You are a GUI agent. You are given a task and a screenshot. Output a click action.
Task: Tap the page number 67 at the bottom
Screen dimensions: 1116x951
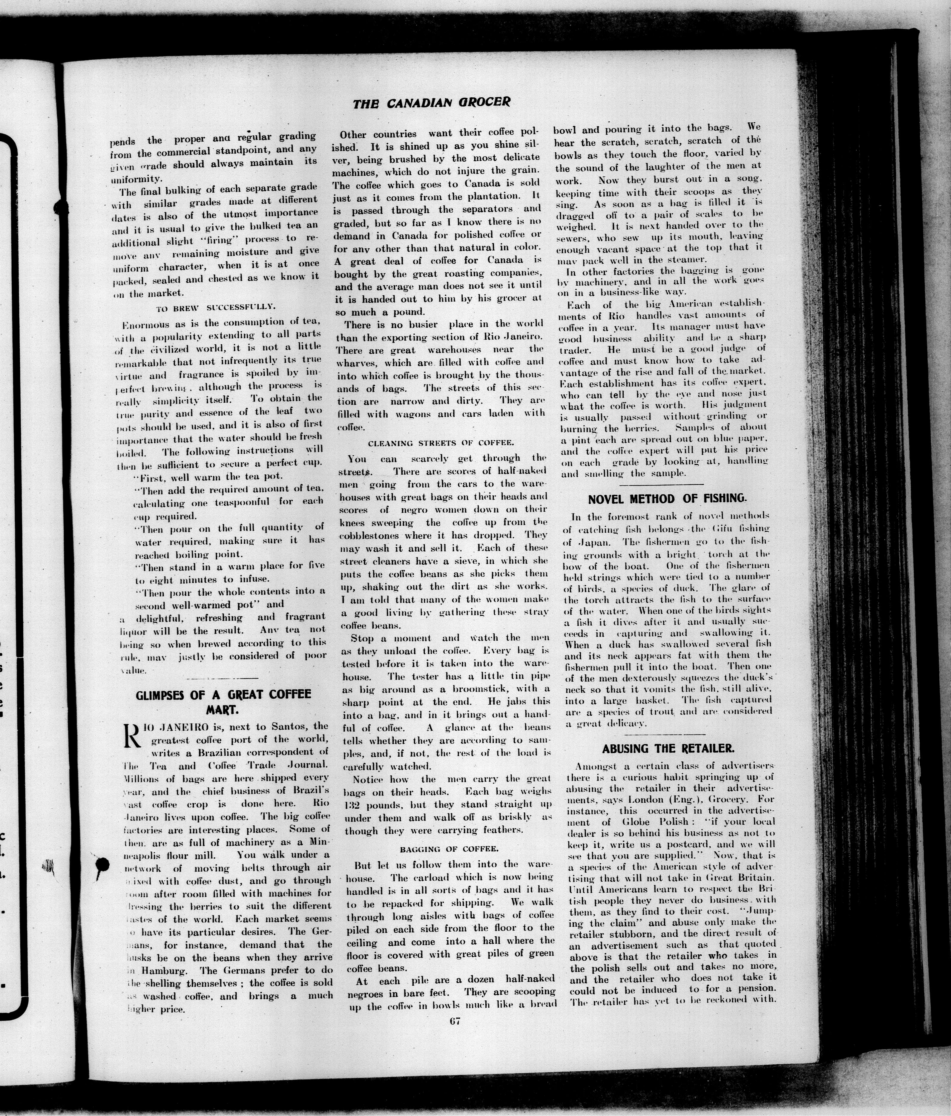pyautogui.click(x=454, y=1020)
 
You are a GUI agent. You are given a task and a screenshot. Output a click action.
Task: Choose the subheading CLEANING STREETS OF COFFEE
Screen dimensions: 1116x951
pyautogui.click(x=441, y=443)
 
